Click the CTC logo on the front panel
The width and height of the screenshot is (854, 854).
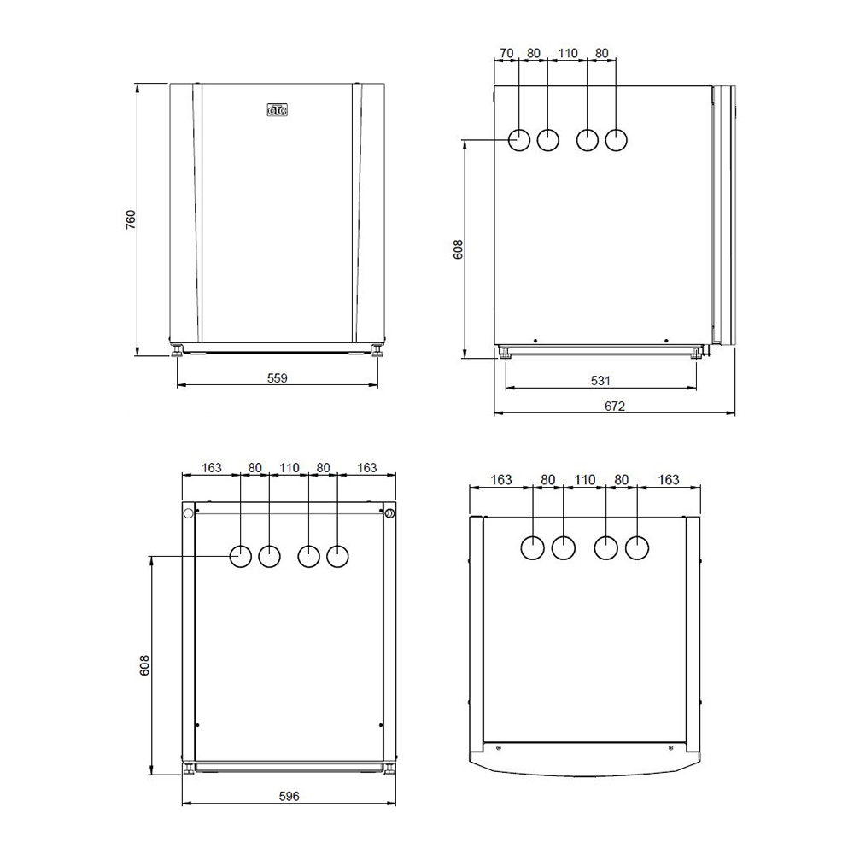tap(278, 110)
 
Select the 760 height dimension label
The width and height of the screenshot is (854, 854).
tap(131, 219)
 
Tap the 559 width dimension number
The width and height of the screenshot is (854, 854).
tap(278, 377)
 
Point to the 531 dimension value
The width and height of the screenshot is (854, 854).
tap(600, 380)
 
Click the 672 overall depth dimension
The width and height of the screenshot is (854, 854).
tap(614, 406)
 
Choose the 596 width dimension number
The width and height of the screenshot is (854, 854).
tap(289, 796)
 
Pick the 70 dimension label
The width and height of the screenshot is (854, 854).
tap(506, 53)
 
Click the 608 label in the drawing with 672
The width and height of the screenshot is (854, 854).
tap(458, 249)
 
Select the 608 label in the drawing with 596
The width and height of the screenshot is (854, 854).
tap(144, 665)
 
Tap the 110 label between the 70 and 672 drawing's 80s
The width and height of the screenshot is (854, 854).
tap(568, 53)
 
